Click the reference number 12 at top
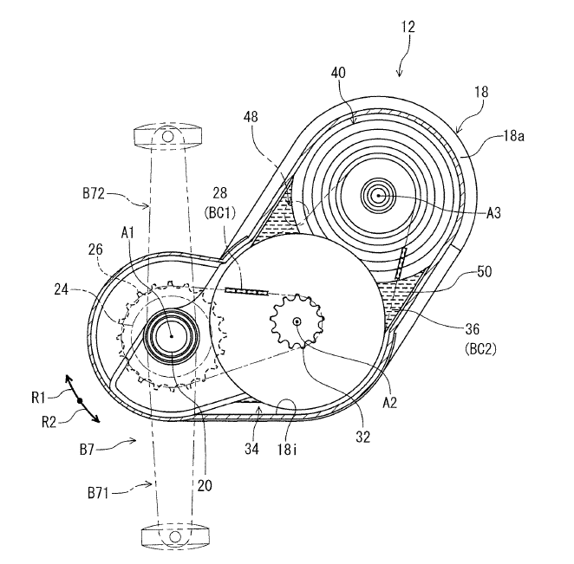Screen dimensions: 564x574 (x=408, y=27)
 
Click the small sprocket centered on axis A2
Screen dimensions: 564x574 (x=297, y=322)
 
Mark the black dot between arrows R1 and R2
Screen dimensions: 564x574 (x=79, y=401)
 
